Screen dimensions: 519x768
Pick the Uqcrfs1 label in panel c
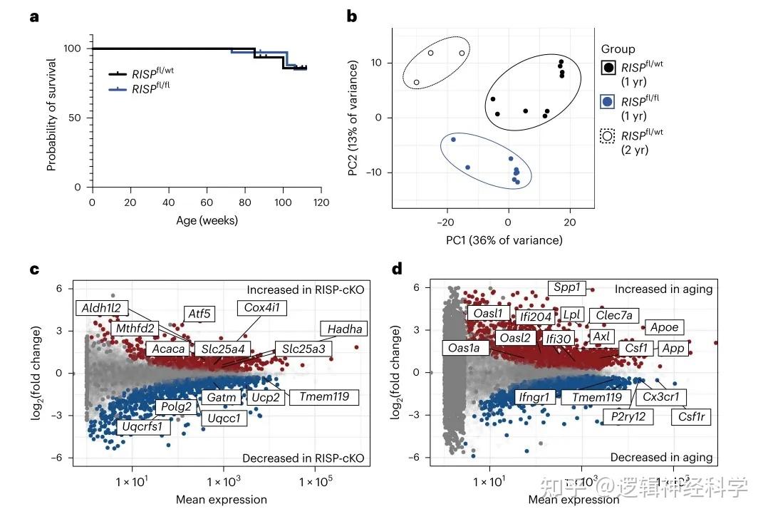coord(142,427)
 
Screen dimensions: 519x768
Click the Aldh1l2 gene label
coord(103,309)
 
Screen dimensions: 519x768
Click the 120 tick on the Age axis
coord(321,202)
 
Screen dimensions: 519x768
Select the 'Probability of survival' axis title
coord(52,117)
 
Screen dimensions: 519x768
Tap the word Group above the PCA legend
coord(618,49)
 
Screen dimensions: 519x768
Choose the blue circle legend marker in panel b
coord(608,102)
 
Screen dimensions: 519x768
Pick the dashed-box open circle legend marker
coord(608,136)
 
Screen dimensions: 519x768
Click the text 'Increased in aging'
coord(664,289)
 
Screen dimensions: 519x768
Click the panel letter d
coord(397,269)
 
